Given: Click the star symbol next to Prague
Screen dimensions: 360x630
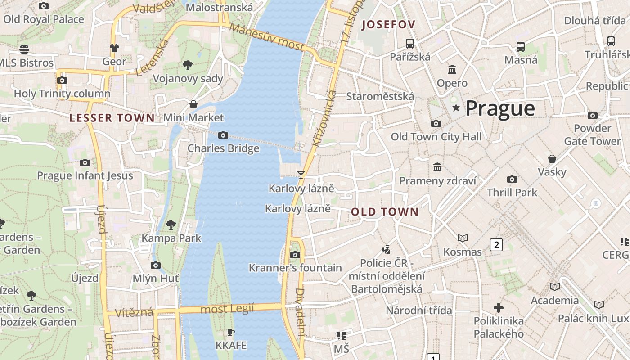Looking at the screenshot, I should (456, 108).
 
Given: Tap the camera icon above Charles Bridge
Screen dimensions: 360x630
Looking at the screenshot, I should (223, 135).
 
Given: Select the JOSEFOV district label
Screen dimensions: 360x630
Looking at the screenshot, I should (388, 25).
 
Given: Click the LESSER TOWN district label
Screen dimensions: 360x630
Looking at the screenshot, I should (112, 118).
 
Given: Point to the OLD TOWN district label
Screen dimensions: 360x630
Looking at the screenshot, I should (385, 212).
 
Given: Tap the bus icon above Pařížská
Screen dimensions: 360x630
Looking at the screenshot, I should (409, 44).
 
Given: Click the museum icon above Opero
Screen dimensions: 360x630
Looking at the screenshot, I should (452, 70).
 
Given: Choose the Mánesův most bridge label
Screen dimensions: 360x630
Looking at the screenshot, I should (267, 37).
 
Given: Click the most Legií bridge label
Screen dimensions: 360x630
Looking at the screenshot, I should (227, 309).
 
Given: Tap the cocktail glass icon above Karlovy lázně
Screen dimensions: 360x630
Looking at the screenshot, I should (301, 175).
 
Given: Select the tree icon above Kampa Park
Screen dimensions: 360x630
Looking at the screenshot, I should (171, 225).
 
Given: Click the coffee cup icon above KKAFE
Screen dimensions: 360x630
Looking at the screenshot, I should (231, 333).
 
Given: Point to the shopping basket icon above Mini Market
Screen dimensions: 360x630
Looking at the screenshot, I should (193, 104).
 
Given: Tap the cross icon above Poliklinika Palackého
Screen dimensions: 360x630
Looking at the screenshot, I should (499, 308).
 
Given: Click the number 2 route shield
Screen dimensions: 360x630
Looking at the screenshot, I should (496, 245).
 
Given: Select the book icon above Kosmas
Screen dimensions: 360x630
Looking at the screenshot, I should (462, 238).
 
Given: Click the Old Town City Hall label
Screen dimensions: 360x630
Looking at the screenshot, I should (436, 137).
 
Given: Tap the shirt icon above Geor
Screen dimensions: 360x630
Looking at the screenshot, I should (114, 48).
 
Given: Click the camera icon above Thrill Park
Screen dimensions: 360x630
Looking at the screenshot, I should (512, 179).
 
